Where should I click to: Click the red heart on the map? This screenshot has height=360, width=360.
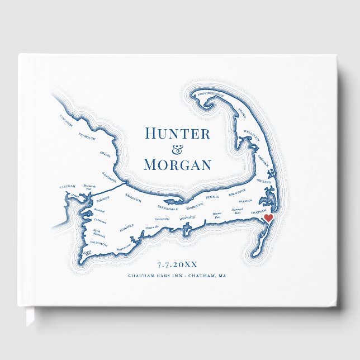pyautogui.click(x=268, y=217)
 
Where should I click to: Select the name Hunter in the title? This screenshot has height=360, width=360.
pyautogui.click(x=177, y=134)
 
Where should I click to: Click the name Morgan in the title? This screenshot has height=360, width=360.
pyautogui.click(x=177, y=165)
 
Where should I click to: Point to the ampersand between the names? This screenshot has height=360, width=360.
pyautogui.click(x=177, y=149)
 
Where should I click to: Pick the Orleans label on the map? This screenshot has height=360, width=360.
pyautogui.click(x=264, y=182)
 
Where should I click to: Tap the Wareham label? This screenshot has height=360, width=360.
pyautogui.click(x=66, y=187)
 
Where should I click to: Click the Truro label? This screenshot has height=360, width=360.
pyautogui.click(x=241, y=111)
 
